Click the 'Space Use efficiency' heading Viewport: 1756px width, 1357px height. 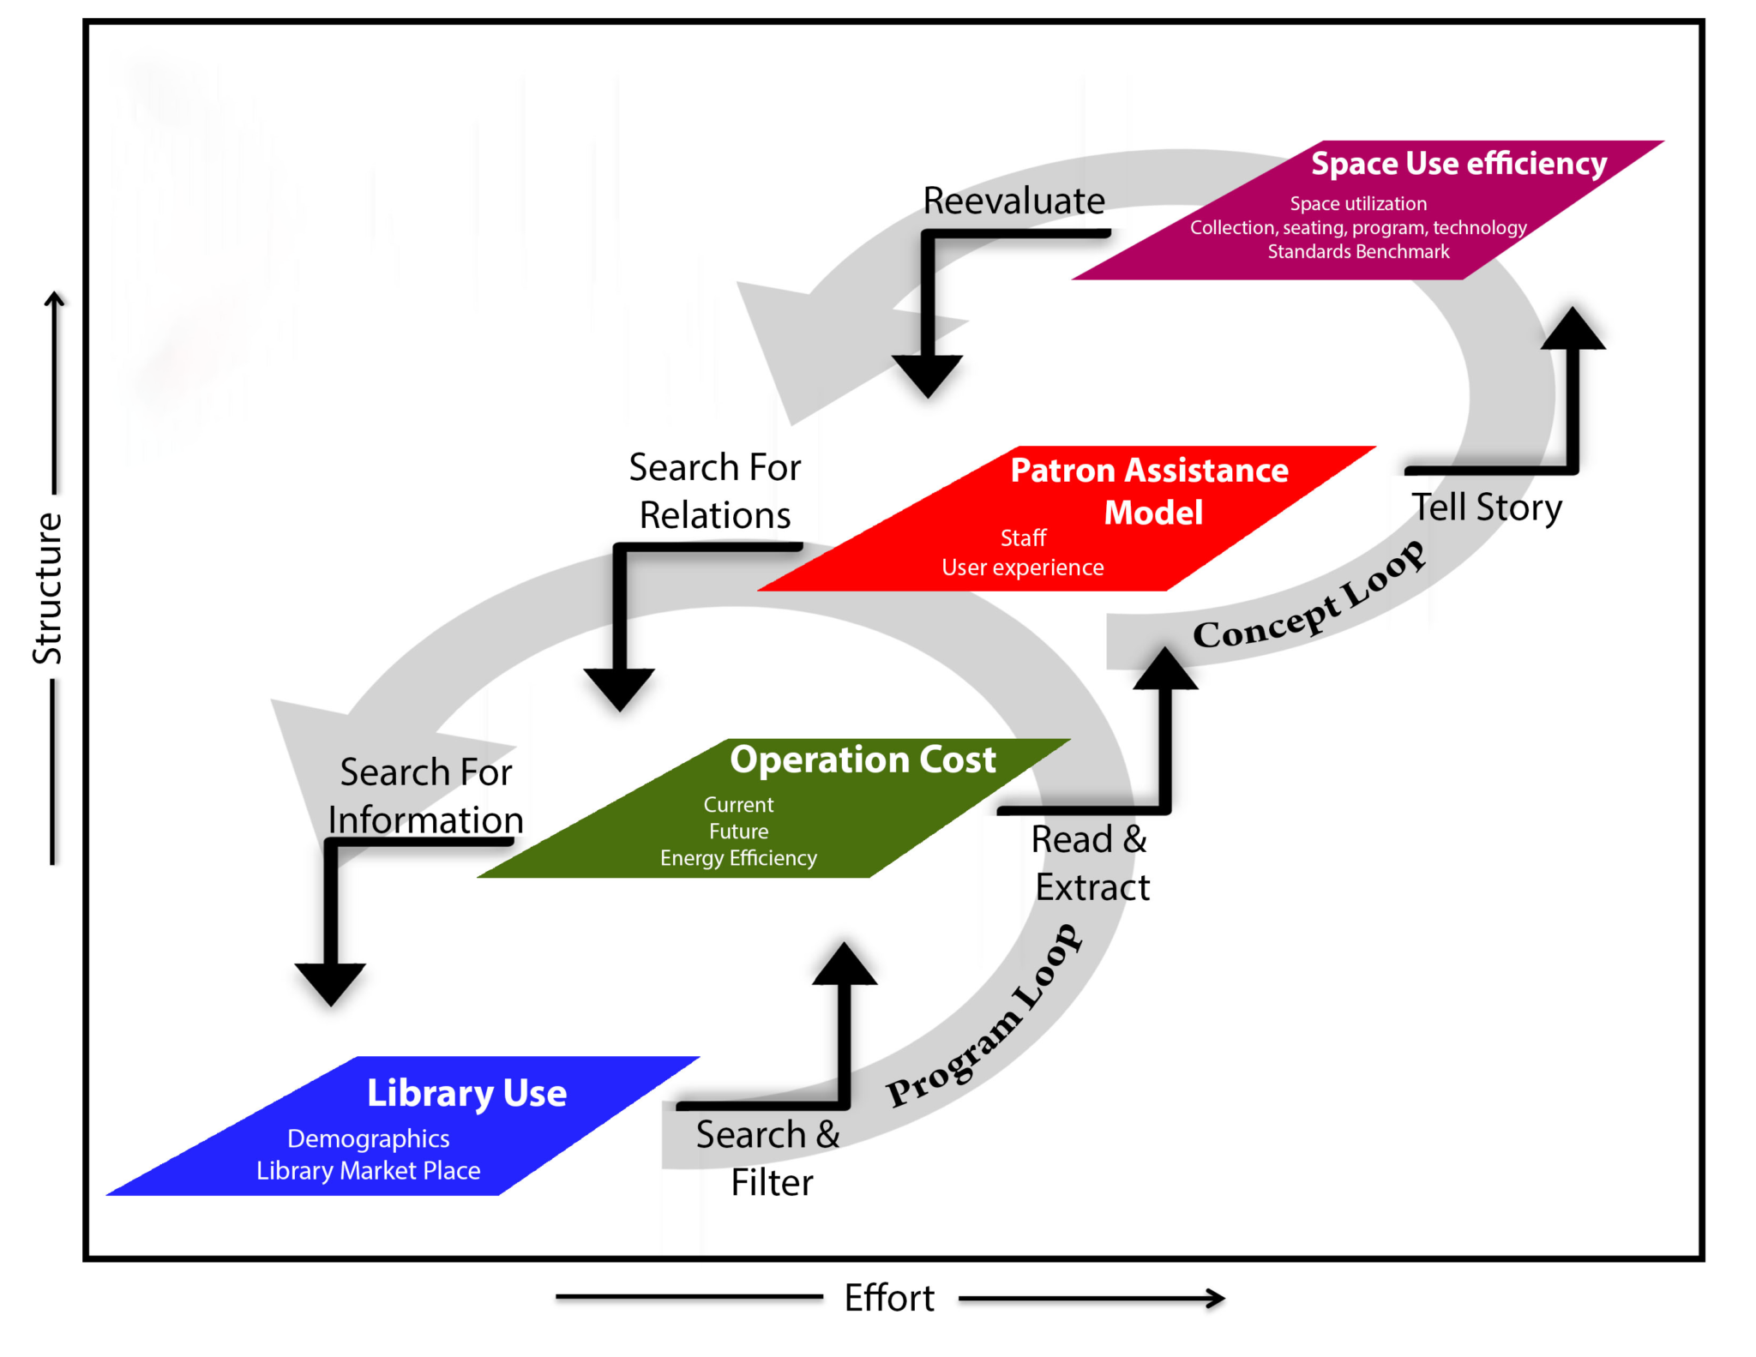(1458, 163)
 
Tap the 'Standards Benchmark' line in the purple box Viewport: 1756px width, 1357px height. (1358, 251)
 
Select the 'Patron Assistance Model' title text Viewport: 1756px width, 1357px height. (1149, 490)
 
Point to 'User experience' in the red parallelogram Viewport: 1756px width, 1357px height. (1022, 567)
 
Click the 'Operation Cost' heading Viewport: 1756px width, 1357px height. (863, 760)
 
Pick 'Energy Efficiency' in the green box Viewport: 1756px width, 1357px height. (738, 858)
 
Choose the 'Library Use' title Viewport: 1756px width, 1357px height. (466, 1093)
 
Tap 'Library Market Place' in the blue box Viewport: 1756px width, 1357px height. (368, 1170)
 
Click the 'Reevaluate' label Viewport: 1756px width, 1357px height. (1013, 201)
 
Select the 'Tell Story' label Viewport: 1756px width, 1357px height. (1487, 507)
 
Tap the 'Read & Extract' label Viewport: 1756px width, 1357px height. (1091, 862)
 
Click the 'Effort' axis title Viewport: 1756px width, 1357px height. (888, 1298)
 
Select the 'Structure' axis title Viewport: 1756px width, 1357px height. (48, 588)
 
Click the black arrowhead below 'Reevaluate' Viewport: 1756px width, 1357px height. (927, 375)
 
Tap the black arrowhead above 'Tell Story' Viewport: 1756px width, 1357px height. (1573, 330)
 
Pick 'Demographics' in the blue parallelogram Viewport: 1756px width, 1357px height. (368, 1138)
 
